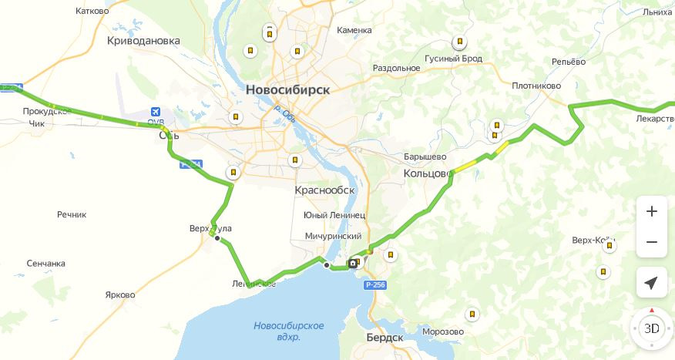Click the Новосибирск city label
click(x=287, y=89)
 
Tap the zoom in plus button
click(x=651, y=211)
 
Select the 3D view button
click(x=651, y=328)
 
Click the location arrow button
click(x=651, y=283)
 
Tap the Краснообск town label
click(x=324, y=190)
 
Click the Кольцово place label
click(x=428, y=174)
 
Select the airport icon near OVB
click(x=156, y=112)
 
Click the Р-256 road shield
click(x=375, y=285)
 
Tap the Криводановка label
click(x=143, y=40)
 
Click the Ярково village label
click(x=119, y=295)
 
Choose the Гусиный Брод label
click(x=453, y=59)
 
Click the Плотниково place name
click(x=536, y=86)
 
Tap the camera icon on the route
click(x=353, y=263)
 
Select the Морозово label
click(x=443, y=332)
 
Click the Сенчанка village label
click(x=45, y=264)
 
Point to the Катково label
click(x=92, y=12)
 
